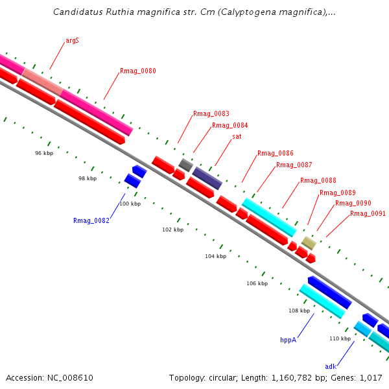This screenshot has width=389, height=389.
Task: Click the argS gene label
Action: point(72,40)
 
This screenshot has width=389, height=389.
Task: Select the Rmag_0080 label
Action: point(137,71)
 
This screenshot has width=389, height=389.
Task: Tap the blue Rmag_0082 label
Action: point(91,220)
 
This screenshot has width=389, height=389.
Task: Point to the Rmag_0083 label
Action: point(211,113)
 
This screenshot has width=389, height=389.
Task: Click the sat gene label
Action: point(237,136)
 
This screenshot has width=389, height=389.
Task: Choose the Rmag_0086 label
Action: point(275,153)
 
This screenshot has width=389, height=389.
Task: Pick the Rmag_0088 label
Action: point(318,180)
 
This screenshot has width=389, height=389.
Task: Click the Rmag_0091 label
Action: point(368,213)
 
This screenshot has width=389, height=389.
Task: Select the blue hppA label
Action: point(288,339)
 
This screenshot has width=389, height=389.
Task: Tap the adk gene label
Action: point(331,366)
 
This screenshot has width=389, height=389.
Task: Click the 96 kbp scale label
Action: point(43,153)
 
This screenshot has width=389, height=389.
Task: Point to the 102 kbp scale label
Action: point(172,230)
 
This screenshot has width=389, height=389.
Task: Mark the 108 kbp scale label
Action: point(299,311)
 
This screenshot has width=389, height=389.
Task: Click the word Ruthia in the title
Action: point(124,12)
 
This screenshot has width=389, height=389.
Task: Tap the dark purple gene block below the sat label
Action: point(207,177)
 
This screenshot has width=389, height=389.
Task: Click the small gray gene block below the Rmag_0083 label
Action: point(185,165)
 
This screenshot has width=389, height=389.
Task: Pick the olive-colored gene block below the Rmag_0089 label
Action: point(309,242)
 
